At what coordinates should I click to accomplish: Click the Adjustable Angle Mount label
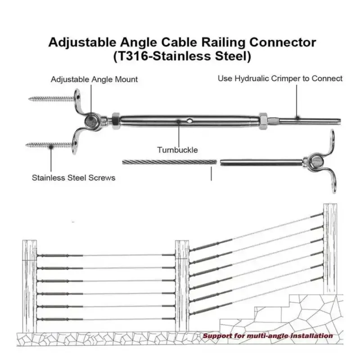[x=94, y=80]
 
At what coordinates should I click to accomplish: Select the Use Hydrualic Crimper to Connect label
[x=280, y=78]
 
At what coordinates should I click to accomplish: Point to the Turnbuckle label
[x=177, y=150]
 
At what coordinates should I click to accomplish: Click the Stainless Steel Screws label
[x=73, y=177]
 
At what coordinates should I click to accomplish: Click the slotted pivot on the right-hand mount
[x=314, y=161]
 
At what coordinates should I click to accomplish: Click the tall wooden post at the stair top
[x=330, y=247]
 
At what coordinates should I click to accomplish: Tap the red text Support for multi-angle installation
[x=267, y=336]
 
